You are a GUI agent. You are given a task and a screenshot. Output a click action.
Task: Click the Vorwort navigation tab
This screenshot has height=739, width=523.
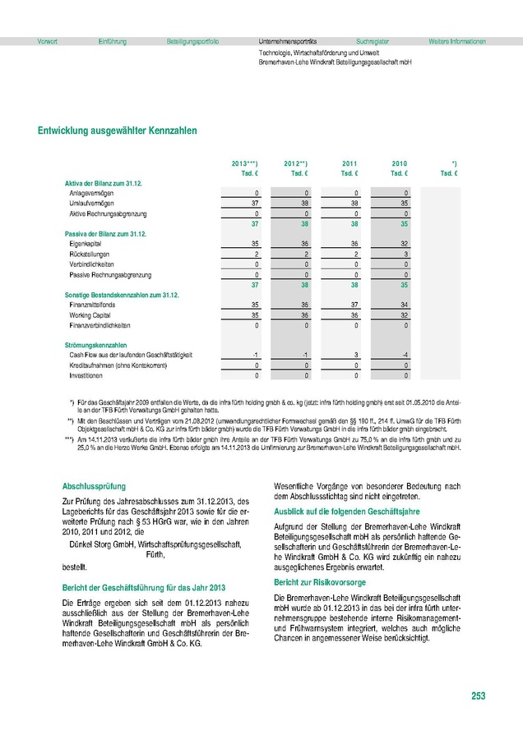pyautogui.click(x=36, y=40)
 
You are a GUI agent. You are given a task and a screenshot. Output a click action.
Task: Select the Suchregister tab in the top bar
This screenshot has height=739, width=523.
pyautogui.click(x=373, y=40)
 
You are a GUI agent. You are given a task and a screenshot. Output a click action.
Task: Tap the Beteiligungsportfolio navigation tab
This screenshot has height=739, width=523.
pyautogui.click(x=192, y=40)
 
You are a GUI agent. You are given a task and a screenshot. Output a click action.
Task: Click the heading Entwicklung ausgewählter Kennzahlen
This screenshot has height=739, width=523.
pyautogui.click(x=117, y=130)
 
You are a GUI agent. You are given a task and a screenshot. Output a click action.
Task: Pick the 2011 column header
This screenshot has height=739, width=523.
pyautogui.click(x=349, y=163)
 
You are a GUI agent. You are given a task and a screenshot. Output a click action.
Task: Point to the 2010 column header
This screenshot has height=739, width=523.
pyautogui.click(x=400, y=163)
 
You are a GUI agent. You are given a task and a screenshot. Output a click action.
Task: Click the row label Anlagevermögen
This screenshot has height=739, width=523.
pyautogui.click(x=92, y=192)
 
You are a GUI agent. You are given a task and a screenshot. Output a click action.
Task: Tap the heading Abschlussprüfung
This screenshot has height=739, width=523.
pyautogui.click(x=94, y=485)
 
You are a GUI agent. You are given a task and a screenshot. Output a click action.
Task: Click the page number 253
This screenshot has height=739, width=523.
pyautogui.click(x=479, y=696)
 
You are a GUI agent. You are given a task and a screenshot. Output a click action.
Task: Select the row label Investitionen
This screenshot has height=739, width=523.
pyautogui.click(x=86, y=375)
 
